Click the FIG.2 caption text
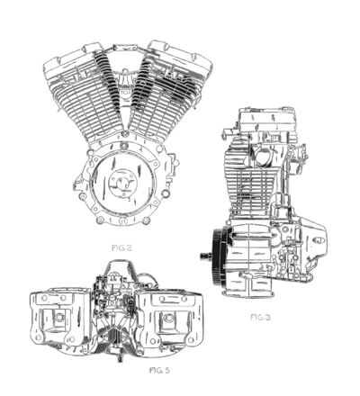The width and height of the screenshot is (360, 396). point(121,247)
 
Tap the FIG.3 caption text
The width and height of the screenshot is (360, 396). point(260,317)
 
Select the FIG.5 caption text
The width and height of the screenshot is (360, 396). point(159,370)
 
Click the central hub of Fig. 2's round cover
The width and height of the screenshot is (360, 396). point(122,184)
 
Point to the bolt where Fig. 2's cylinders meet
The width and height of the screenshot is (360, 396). point(124,132)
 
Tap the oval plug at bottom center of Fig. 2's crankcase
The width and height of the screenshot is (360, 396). point(122,221)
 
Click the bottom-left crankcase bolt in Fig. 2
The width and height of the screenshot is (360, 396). point(99,221)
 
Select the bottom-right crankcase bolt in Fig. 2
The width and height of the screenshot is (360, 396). point(146,221)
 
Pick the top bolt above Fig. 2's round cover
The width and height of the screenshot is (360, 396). point(122,146)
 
